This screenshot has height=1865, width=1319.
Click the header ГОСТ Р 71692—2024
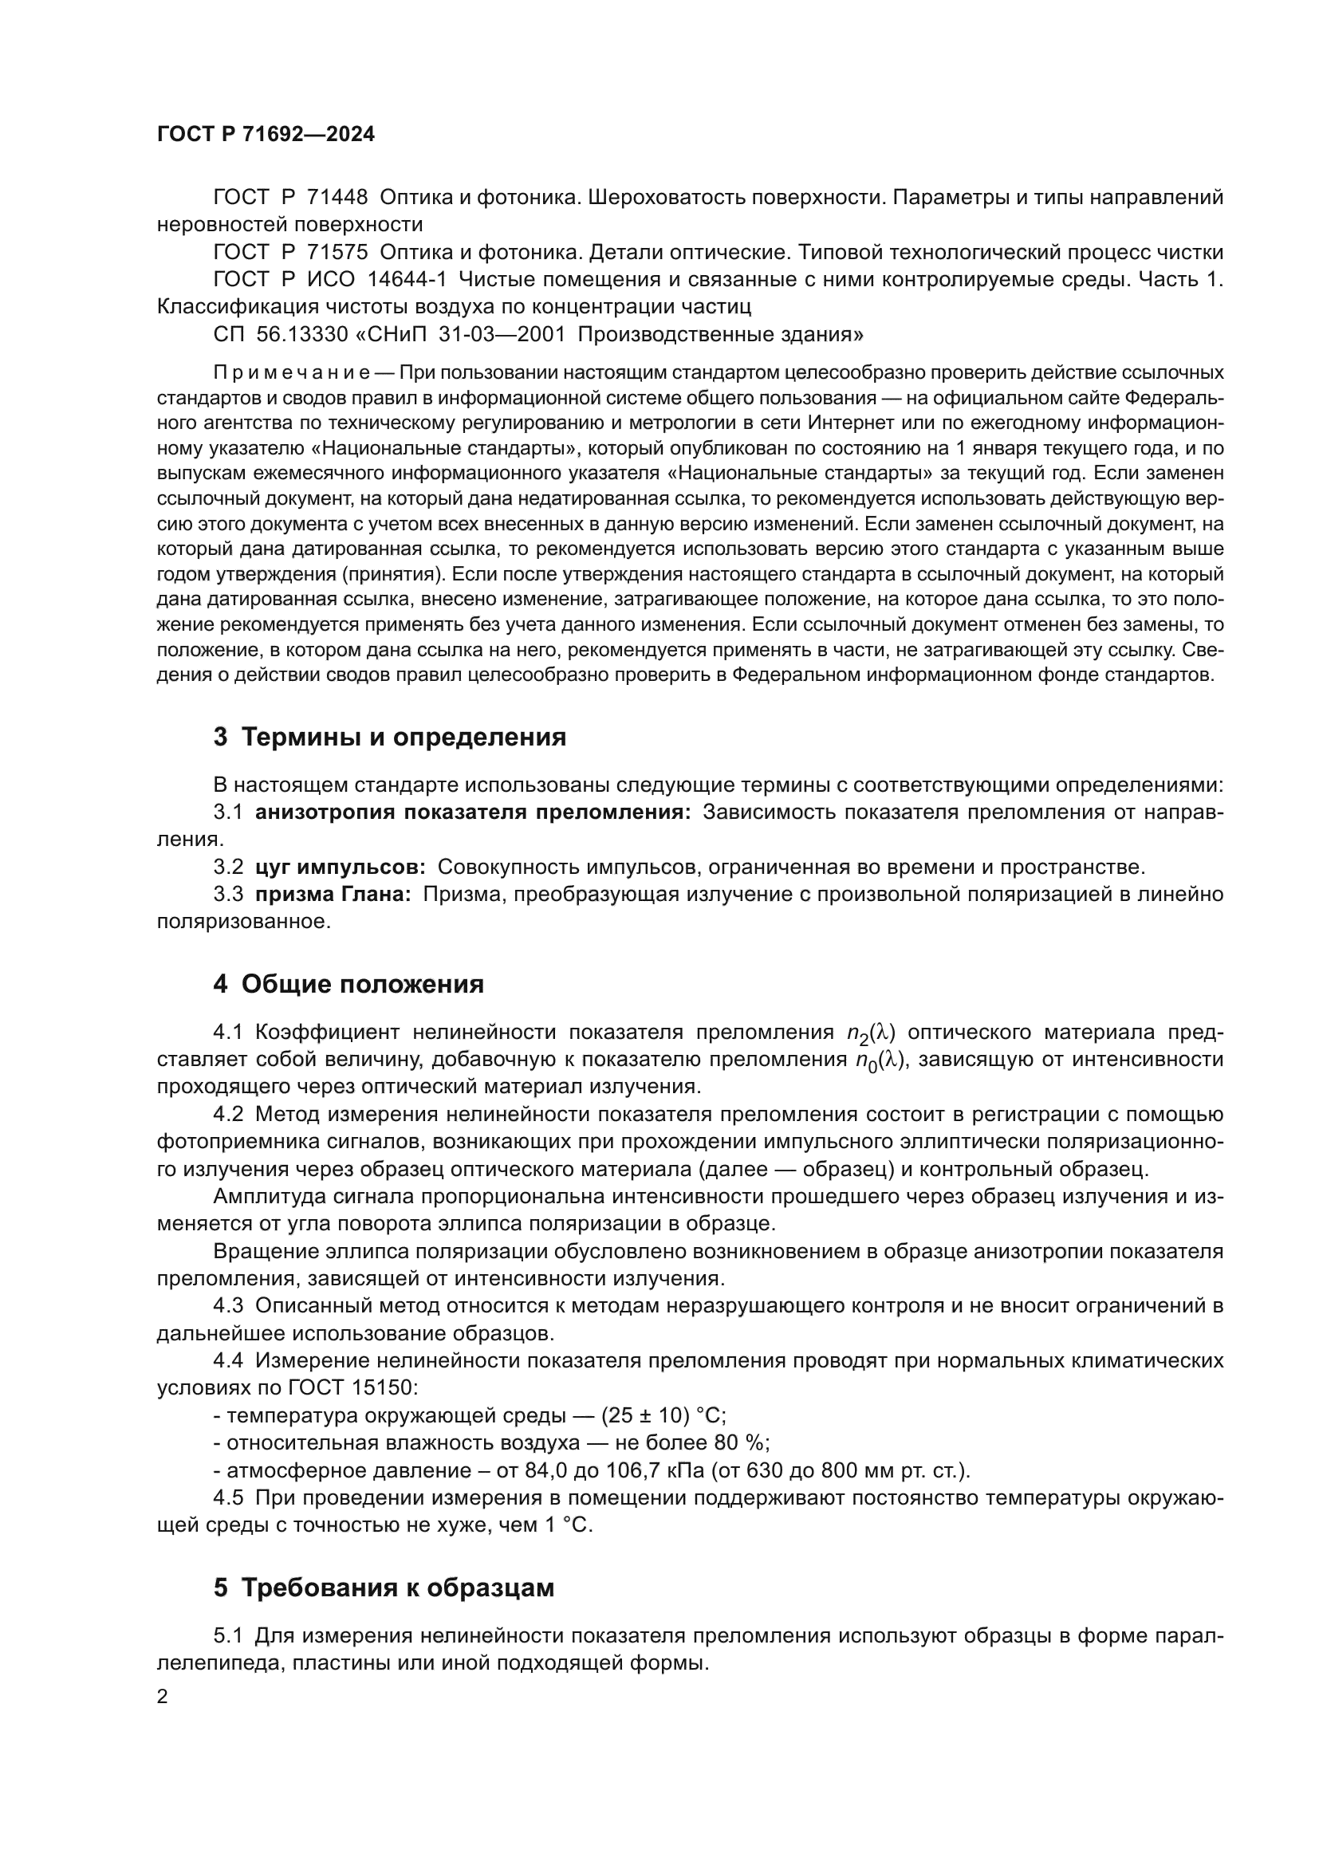pos(266,135)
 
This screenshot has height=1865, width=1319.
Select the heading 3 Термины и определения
pos(389,737)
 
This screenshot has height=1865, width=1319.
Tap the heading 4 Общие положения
pos(348,984)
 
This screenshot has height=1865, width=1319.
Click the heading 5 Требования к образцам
pos(384,1588)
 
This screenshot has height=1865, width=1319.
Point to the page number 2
pos(163,1697)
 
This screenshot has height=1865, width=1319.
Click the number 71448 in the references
pos(337,198)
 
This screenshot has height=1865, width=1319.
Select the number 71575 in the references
pos(337,253)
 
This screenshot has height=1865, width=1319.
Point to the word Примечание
pos(292,373)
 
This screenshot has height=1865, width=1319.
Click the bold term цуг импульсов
pos(341,867)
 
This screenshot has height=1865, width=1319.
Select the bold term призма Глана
pos(333,895)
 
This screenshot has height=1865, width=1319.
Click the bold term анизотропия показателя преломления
pos(473,812)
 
